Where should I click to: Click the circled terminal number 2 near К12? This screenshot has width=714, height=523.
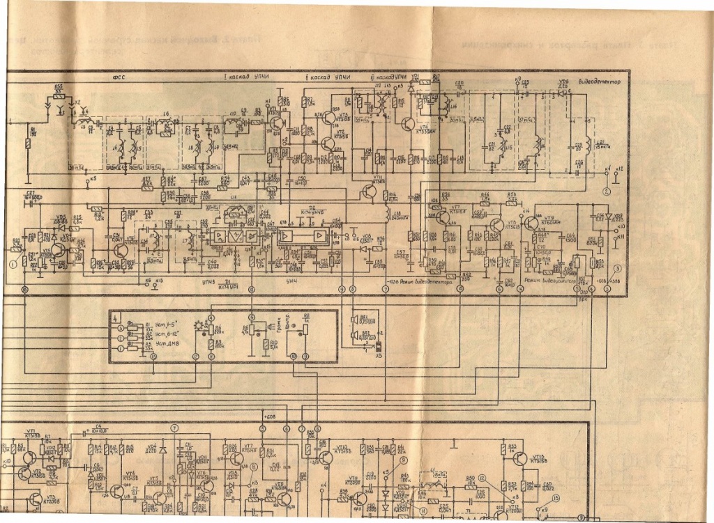pyautogui.click(x=607, y=189)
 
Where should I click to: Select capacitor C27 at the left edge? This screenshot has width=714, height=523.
pyautogui.click(x=31, y=194)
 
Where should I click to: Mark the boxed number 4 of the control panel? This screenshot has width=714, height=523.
pyautogui.click(x=114, y=316)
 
